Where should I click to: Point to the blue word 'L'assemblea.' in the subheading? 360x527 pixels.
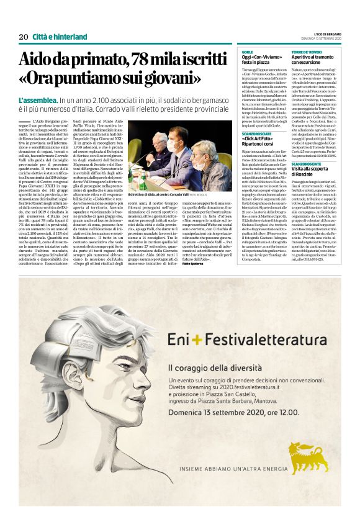(x=39, y=100)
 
